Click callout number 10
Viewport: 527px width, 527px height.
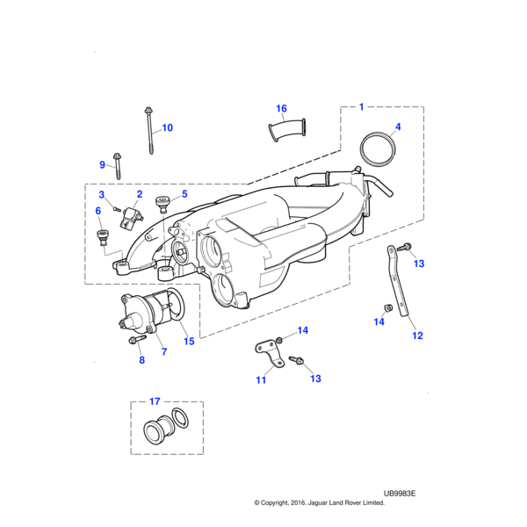click(167, 127)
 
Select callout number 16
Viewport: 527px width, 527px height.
click(282, 109)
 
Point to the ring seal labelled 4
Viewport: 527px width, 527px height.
click(379, 150)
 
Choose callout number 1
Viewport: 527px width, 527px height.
click(361, 107)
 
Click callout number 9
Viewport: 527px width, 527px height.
click(102, 164)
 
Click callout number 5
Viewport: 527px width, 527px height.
click(184, 194)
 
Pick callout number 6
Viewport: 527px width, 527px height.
click(98, 211)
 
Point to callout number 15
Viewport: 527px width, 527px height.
click(189, 342)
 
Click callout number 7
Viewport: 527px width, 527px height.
click(164, 352)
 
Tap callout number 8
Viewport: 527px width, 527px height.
click(141, 360)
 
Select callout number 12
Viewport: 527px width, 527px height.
click(418, 336)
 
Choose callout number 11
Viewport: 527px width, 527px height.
click(261, 380)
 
